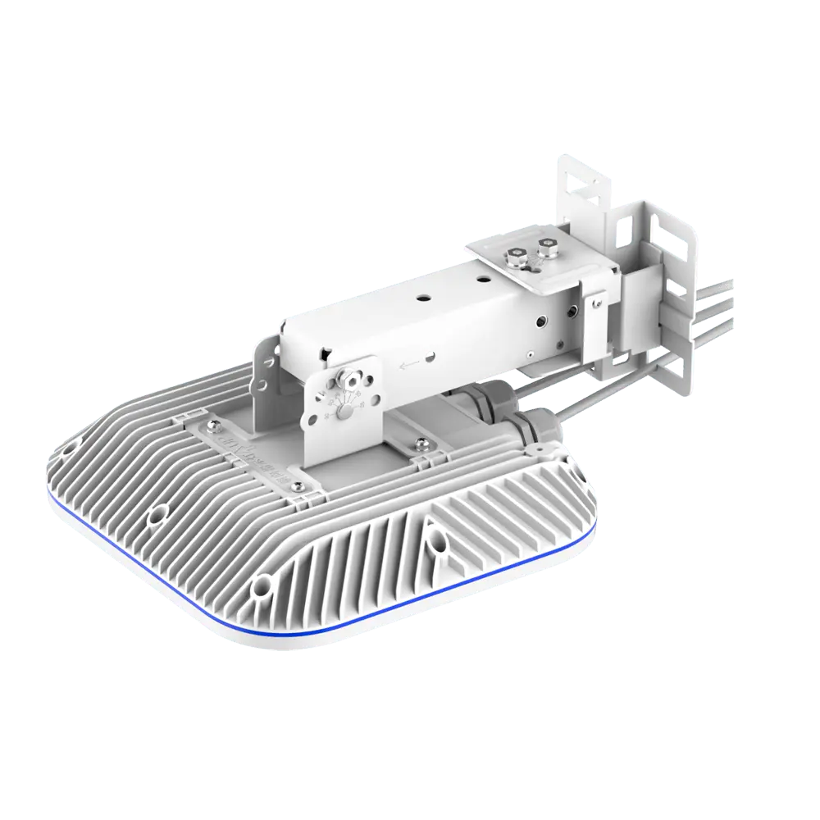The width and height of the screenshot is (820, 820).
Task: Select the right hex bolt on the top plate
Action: (545, 245)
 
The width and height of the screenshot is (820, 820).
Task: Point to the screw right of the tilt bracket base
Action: (421, 444)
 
